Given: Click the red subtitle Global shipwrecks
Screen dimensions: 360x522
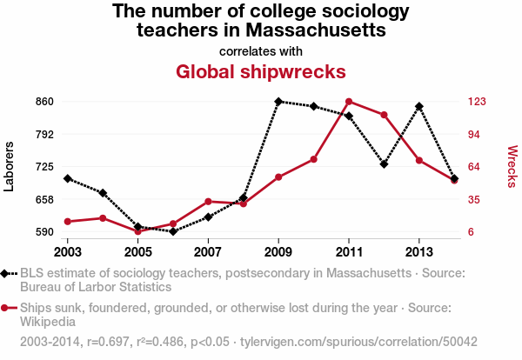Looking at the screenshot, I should click(x=260, y=70).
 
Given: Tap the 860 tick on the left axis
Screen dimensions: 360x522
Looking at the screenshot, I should click(x=45, y=102).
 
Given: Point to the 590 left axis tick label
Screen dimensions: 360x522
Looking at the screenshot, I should click(x=45, y=232).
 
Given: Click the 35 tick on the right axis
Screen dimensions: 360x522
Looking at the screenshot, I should click(x=473, y=199).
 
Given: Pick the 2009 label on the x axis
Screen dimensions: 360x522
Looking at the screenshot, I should click(x=278, y=251).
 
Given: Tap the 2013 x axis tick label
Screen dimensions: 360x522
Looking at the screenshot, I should click(x=419, y=251).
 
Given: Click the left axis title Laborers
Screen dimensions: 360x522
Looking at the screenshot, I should click(x=10, y=166).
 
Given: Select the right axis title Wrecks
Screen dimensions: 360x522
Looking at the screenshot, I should click(x=512, y=166).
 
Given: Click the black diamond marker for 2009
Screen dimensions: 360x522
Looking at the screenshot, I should click(x=278, y=102).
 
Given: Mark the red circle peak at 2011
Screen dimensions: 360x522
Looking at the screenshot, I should click(x=349, y=102).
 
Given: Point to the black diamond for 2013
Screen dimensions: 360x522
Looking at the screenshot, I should click(x=419, y=106).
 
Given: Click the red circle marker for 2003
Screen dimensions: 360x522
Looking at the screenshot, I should click(x=68, y=222).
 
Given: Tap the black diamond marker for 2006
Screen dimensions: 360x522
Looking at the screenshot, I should click(x=173, y=231).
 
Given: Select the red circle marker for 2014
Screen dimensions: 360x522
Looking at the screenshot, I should click(x=454, y=180).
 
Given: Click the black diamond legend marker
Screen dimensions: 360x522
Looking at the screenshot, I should click(x=7, y=273).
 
